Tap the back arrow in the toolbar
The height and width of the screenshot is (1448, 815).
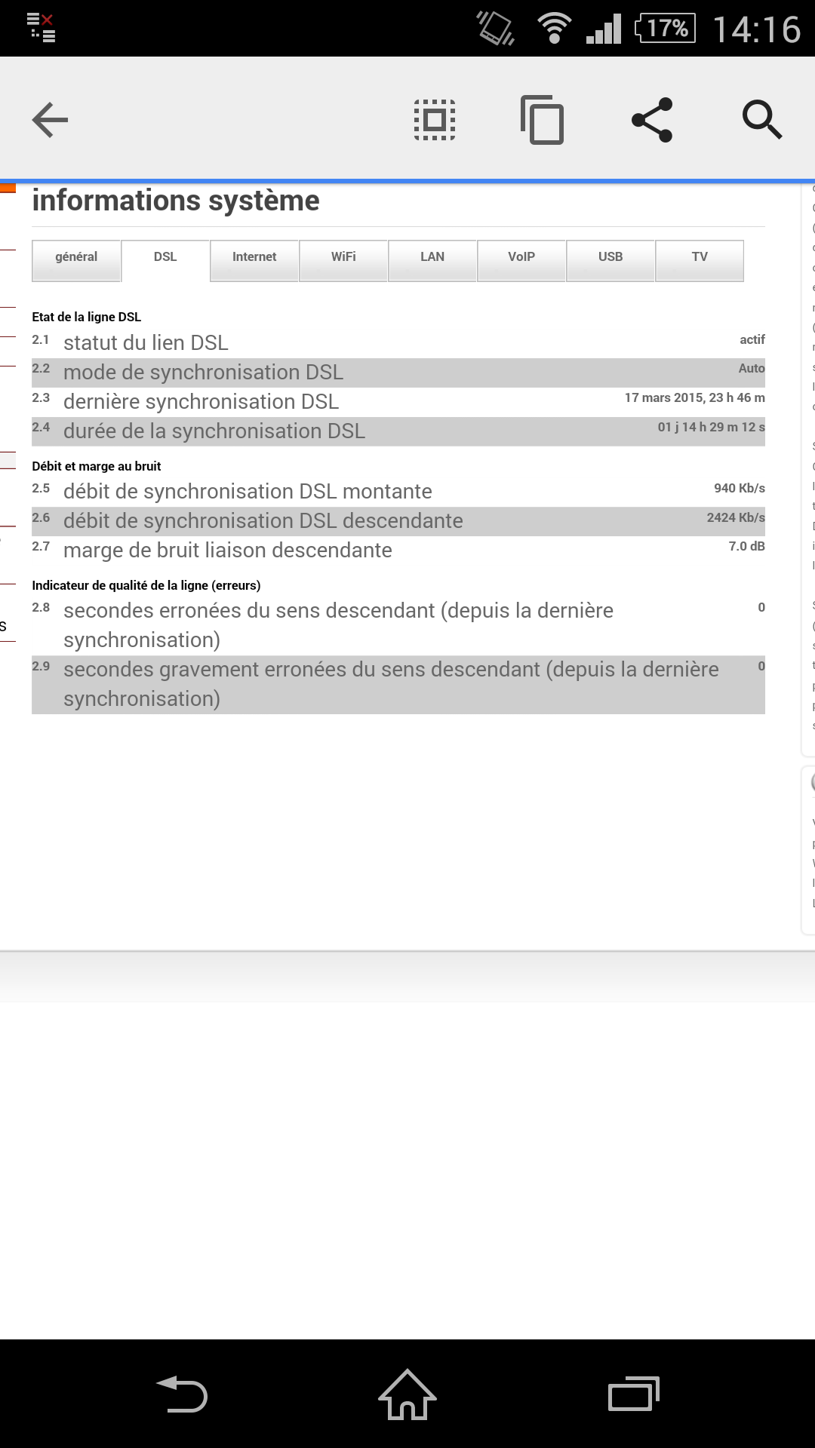click(51, 120)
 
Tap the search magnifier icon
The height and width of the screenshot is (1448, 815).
click(761, 120)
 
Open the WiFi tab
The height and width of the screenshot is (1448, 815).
click(343, 257)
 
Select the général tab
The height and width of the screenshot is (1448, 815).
click(76, 257)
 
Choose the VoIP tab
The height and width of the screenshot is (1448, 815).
click(521, 257)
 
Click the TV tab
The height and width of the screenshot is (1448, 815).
click(700, 257)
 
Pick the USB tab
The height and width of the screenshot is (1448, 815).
click(610, 257)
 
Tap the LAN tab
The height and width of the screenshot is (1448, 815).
click(432, 257)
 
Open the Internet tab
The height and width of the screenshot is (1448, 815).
click(254, 257)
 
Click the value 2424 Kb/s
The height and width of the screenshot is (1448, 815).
click(735, 517)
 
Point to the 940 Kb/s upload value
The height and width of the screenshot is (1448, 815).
click(739, 488)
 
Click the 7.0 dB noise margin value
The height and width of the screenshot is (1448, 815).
click(746, 546)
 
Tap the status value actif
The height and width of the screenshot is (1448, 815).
click(752, 339)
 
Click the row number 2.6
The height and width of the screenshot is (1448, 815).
click(41, 518)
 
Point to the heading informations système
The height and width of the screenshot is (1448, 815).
click(176, 201)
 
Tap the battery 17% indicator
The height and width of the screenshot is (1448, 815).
click(665, 29)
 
